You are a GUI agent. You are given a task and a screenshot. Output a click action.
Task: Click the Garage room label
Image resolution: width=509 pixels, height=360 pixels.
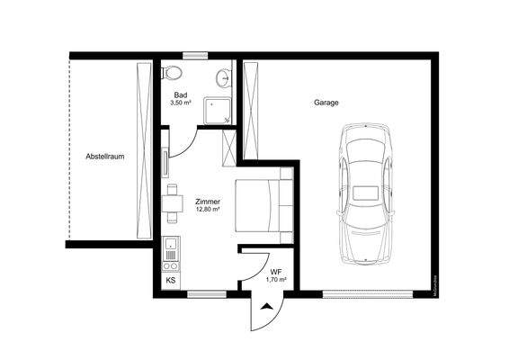326,103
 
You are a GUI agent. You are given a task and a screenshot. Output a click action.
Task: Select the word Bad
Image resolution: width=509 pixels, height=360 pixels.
181,94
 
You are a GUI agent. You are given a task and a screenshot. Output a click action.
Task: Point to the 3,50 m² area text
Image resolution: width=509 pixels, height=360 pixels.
181,103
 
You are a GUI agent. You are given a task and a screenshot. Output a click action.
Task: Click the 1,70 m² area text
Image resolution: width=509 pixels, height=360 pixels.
276,280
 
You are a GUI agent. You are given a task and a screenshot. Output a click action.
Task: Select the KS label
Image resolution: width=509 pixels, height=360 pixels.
171,280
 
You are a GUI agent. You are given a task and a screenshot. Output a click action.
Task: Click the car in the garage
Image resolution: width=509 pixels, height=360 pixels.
366,193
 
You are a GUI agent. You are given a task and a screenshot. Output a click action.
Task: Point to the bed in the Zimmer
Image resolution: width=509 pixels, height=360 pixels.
264,205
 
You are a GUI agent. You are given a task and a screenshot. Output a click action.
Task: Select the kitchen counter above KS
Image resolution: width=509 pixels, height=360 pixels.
171,253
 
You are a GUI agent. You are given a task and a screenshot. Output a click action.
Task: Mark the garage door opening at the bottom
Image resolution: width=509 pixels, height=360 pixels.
369,292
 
